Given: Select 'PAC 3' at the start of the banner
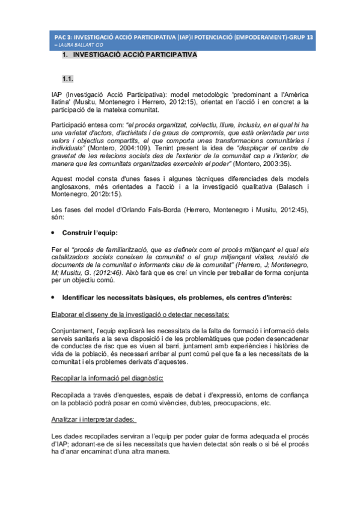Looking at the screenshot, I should click(63, 37).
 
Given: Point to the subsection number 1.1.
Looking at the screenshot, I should click(68, 79).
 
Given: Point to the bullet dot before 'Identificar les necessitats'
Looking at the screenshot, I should click(53, 297).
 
